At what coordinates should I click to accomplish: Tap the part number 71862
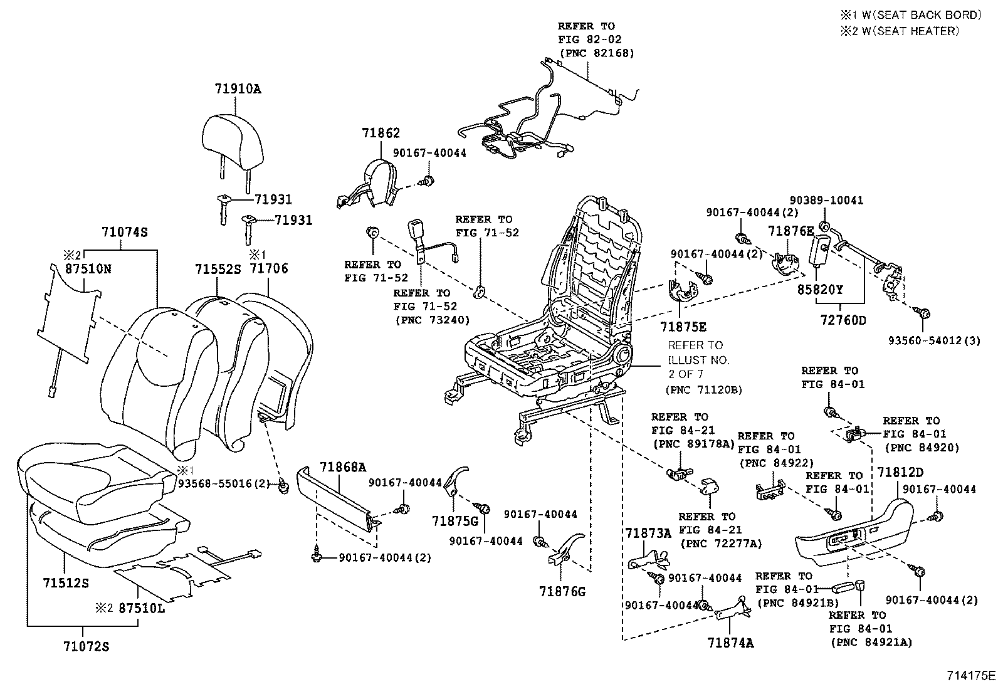381,133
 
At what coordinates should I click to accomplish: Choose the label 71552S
218,268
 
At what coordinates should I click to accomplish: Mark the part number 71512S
66,583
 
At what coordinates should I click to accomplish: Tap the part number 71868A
343,467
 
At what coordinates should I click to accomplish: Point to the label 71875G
454,521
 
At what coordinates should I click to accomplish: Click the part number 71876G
562,591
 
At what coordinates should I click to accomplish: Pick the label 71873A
648,533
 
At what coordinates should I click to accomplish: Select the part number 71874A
730,643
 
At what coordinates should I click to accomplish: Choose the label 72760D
843,320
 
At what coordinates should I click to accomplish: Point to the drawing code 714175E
971,676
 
